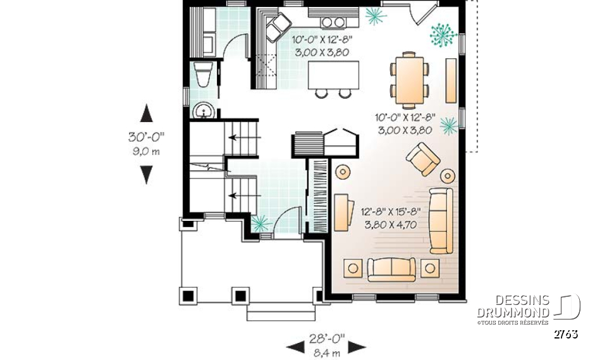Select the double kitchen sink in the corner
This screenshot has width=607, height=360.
tap(276, 27)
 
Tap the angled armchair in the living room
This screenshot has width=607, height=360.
tap(423, 159)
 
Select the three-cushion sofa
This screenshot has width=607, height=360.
tap(440, 220)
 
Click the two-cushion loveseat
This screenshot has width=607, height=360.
tap(391, 268)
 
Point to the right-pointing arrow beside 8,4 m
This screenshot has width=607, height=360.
tap(357, 346)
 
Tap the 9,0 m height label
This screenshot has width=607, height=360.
tap(146, 151)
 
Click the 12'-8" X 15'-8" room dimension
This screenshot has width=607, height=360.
tap(391, 212)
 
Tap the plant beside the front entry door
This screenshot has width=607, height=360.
tap(260, 223)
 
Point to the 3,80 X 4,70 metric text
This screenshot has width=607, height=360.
tap(391, 223)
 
